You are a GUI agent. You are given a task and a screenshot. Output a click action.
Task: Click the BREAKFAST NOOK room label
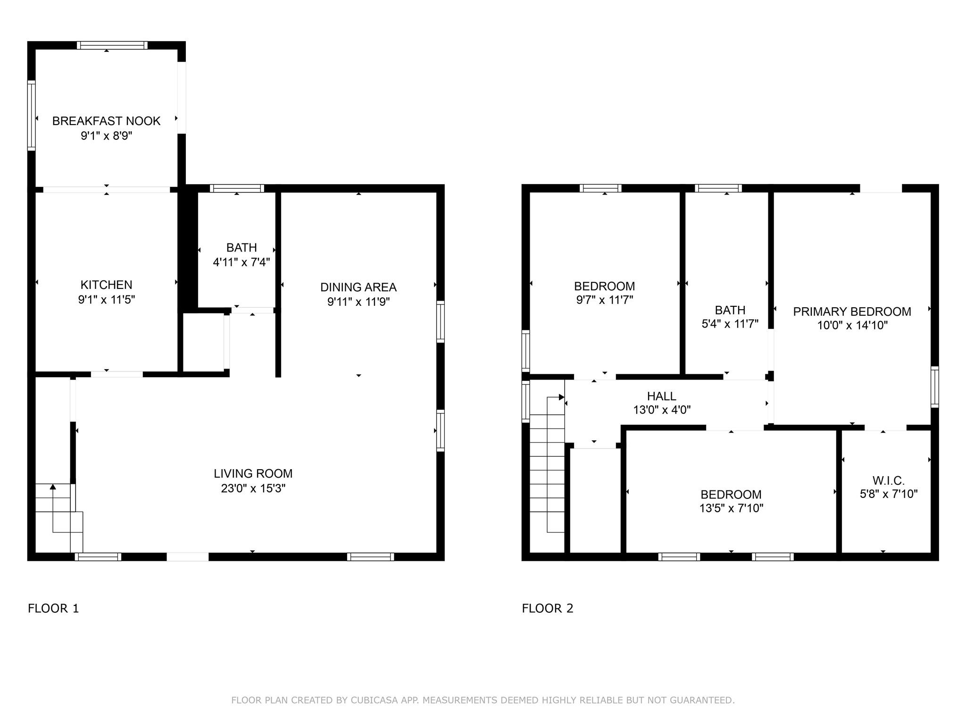click(x=106, y=121)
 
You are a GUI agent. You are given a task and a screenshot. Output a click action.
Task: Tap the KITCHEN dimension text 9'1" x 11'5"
click(x=107, y=299)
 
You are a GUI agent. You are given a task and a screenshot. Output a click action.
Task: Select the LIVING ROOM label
click(x=253, y=473)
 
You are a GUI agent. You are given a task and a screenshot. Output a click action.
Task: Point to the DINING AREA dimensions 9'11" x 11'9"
click(x=358, y=302)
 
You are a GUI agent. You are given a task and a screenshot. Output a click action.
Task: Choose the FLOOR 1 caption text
click(x=53, y=608)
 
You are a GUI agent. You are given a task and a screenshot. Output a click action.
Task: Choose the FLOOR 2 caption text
click(x=547, y=608)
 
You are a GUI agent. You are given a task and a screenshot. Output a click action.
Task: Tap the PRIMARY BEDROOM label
click(x=852, y=312)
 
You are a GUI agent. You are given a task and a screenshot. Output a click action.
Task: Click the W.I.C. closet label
click(x=888, y=481)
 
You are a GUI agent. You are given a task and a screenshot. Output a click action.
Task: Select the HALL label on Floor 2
click(x=661, y=396)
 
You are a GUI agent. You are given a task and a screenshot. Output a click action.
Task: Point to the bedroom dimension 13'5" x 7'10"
click(x=731, y=508)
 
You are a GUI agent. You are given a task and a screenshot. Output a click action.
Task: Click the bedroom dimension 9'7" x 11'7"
click(x=604, y=300)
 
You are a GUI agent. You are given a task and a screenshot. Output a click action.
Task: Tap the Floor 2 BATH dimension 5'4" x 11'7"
click(x=730, y=324)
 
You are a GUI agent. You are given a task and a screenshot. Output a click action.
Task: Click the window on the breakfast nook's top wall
click(x=112, y=45)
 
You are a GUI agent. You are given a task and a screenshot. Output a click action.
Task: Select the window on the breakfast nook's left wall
click(x=32, y=115)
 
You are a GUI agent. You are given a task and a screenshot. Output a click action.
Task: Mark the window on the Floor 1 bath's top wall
click(x=237, y=188)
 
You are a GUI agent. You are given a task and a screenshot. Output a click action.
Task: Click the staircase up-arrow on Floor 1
click(x=53, y=487)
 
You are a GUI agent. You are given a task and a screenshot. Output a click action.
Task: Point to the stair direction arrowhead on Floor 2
click(x=561, y=397)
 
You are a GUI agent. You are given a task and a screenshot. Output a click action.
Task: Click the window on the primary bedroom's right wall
click(x=934, y=387)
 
